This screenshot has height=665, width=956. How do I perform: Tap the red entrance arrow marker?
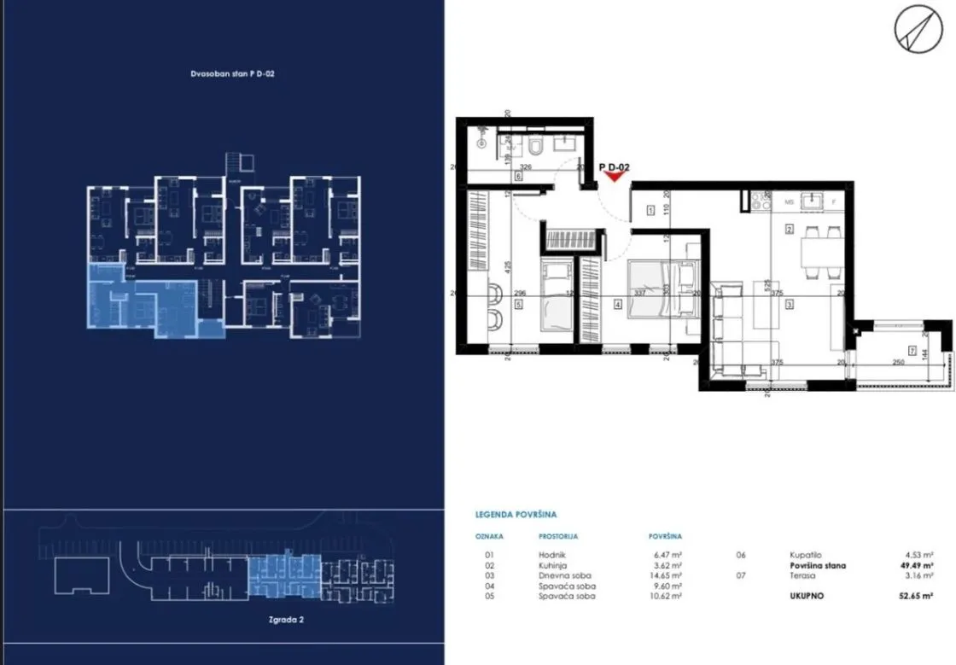(613, 177)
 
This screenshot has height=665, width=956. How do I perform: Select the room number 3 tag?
(790, 302)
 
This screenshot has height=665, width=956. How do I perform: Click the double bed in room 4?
(662, 288)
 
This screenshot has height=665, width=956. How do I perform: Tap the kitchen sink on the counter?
(813, 202)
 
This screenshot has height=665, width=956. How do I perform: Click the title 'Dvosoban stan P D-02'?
(231, 74)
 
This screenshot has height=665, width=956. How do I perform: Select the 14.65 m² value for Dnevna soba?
(665, 575)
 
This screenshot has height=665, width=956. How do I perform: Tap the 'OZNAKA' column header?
(489, 537)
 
